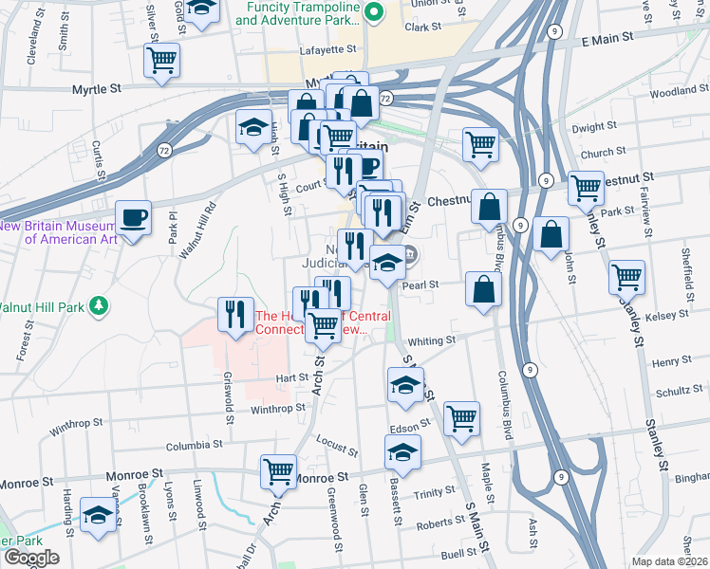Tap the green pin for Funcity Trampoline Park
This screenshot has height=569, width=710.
tap(373, 13)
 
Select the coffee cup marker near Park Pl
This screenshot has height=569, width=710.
tap(133, 218)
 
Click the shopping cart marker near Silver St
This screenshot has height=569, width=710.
tap(161, 62)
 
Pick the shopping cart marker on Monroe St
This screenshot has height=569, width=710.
tap(279, 471)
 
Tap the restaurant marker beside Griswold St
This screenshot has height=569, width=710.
tap(234, 314)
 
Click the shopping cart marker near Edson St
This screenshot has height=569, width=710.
tap(461, 418)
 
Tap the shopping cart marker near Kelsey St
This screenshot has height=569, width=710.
tap(626, 278)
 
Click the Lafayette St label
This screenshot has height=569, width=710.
tap(328, 48)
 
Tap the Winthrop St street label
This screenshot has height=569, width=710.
tap(278, 409)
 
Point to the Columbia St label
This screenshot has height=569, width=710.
tap(194, 444)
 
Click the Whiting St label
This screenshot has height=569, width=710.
tap(432, 340)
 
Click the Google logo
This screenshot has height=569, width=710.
tap(31, 558)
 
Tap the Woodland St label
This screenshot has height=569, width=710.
tap(674, 92)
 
